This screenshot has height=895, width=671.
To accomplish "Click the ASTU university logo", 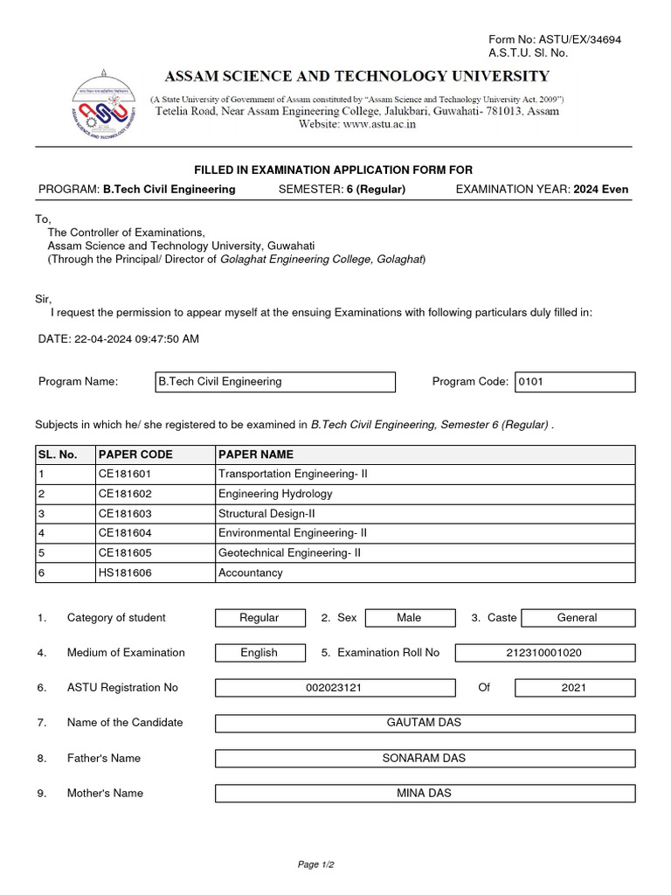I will (x=105, y=112).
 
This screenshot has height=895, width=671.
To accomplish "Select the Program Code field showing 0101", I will (x=574, y=382).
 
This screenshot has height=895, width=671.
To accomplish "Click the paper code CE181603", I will (x=127, y=513).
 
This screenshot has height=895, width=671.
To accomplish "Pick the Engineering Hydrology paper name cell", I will (x=275, y=494).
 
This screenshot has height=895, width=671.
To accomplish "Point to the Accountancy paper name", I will (x=251, y=572).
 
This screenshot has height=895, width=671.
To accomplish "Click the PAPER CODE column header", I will (x=135, y=454).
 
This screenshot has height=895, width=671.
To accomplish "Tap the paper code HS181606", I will (x=127, y=572).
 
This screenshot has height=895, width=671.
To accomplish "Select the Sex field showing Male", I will (x=408, y=618).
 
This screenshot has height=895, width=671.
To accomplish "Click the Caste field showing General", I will (x=577, y=618).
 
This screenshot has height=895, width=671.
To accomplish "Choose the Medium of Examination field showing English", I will (x=259, y=653).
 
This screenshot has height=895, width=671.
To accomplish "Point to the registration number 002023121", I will (x=334, y=688).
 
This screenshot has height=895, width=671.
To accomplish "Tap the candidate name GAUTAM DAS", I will (x=424, y=723).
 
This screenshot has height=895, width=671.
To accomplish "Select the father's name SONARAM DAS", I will (x=424, y=758).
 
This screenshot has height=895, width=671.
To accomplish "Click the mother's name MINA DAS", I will (x=424, y=794).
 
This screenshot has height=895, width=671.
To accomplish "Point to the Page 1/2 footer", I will (x=316, y=864).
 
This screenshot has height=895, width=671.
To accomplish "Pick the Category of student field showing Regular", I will (x=259, y=618).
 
